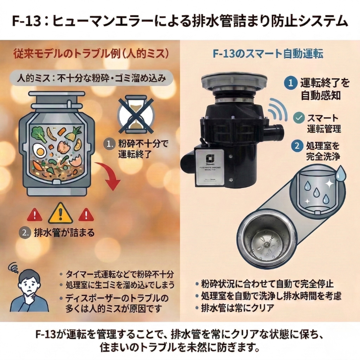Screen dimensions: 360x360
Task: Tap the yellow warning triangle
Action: pyautogui.click(x=60, y=214)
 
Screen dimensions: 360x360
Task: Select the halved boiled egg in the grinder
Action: pyautogui.click(x=40, y=152)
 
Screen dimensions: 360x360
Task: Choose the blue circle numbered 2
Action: pyautogui.click(x=295, y=146)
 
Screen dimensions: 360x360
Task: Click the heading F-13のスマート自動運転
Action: pyautogui.click(x=268, y=54)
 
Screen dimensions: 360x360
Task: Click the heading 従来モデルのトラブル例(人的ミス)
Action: pyautogui.click(x=91, y=54)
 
